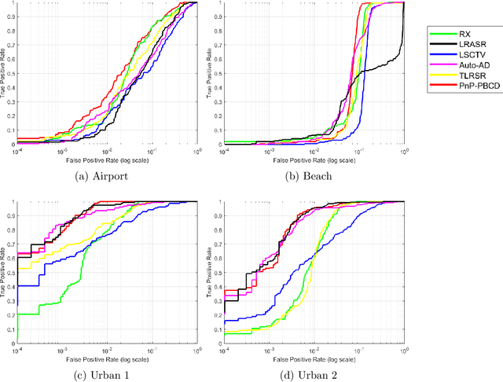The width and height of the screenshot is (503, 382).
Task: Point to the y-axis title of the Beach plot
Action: (x=210, y=74)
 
